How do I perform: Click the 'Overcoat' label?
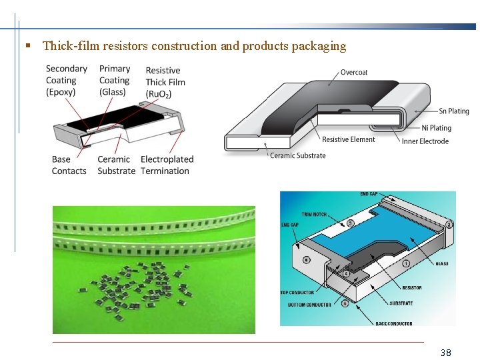point(354,72)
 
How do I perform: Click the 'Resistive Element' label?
point(348,139)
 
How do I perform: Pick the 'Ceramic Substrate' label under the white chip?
point(297,155)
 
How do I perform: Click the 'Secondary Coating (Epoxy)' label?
point(66,80)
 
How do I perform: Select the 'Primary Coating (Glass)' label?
point(114,80)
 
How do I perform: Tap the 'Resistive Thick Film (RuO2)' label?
point(165,82)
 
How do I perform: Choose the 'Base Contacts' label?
point(69,165)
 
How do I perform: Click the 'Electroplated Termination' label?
point(166,165)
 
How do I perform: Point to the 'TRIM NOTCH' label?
point(314,215)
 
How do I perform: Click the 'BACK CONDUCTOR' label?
point(393,323)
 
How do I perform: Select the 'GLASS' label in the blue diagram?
point(441,263)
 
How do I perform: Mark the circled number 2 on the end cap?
point(449,225)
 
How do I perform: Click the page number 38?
point(446,352)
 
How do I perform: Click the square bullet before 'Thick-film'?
point(28,46)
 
